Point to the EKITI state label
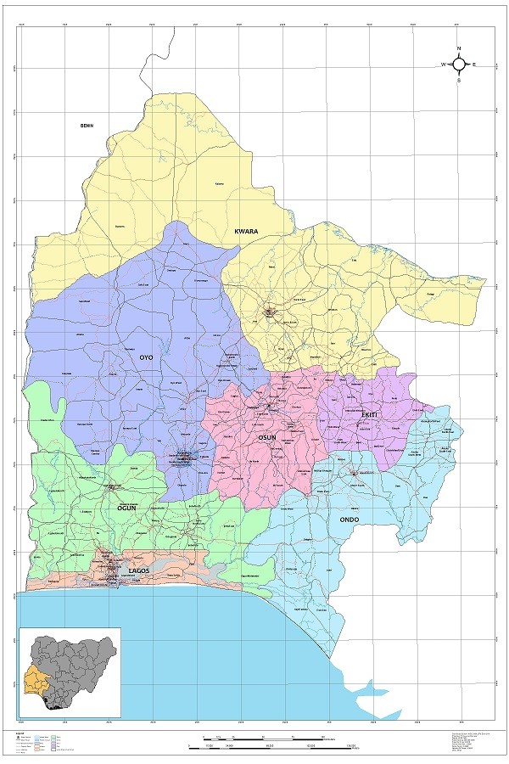[x=370, y=414]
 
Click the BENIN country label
[x=86, y=126]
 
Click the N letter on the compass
[x=459, y=48]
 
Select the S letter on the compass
[x=459, y=81]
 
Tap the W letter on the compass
[x=442, y=65]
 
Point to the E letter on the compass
[x=475, y=65]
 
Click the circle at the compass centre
[x=459, y=65]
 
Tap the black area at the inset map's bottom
[x=56, y=704]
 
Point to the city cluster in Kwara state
[x=271, y=312]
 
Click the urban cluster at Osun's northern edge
[x=269, y=407]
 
